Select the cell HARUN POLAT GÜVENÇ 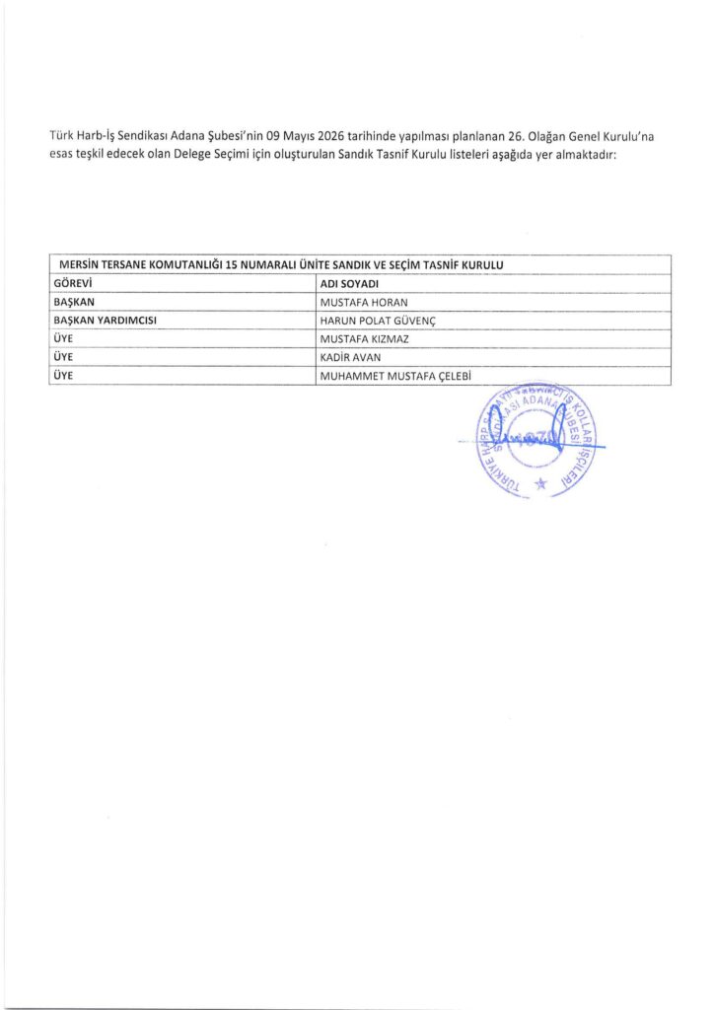click(x=378, y=321)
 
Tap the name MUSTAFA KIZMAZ click(x=360, y=338)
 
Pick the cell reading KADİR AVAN click(x=350, y=357)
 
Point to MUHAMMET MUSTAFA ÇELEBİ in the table click(x=392, y=376)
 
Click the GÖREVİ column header click(x=72, y=284)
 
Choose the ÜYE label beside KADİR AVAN click(x=61, y=357)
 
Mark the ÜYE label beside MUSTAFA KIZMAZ click(x=61, y=338)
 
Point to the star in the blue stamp click(x=539, y=483)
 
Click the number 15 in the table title click(x=233, y=265)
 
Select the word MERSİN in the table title click(x=81, y=265)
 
